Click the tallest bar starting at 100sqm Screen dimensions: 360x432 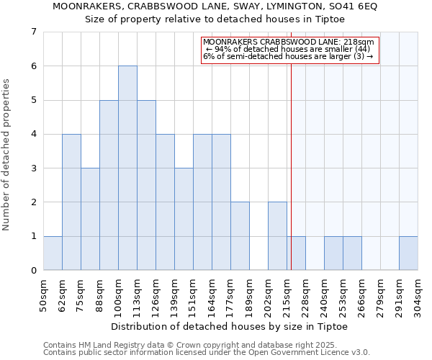[x=127, y=168]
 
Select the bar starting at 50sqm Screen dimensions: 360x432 [x=53, y=253]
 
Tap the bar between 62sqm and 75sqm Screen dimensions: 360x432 [x=71, y=202]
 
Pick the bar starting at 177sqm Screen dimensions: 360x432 [x=240, y=236]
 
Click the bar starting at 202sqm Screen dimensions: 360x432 [x=277, y=236]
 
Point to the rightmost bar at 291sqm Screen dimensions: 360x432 [x=408, y=253]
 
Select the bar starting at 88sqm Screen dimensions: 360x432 [x=109, y=185]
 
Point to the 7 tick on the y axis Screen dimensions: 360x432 [x=33, y=32]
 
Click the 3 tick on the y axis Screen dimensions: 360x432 [x=33, y=168]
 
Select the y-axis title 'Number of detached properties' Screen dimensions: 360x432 [x=7, y=155]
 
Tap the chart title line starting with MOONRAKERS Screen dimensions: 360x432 [x=215, y=6]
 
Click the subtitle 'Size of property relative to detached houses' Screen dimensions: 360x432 [x=215, y=19]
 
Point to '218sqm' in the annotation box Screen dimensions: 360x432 [x=359, y=42]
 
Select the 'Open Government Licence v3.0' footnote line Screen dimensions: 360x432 [x=207, y=353]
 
